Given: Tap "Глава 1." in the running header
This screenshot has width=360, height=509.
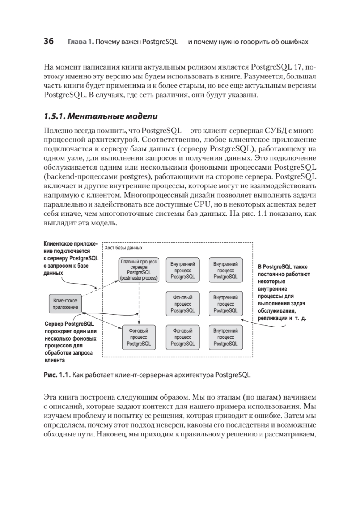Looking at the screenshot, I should click(x=80, y=42).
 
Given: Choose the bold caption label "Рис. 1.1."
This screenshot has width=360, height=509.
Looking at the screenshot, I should click(x=57, y=375).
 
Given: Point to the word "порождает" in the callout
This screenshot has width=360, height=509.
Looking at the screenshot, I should click(x=61, y=332).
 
